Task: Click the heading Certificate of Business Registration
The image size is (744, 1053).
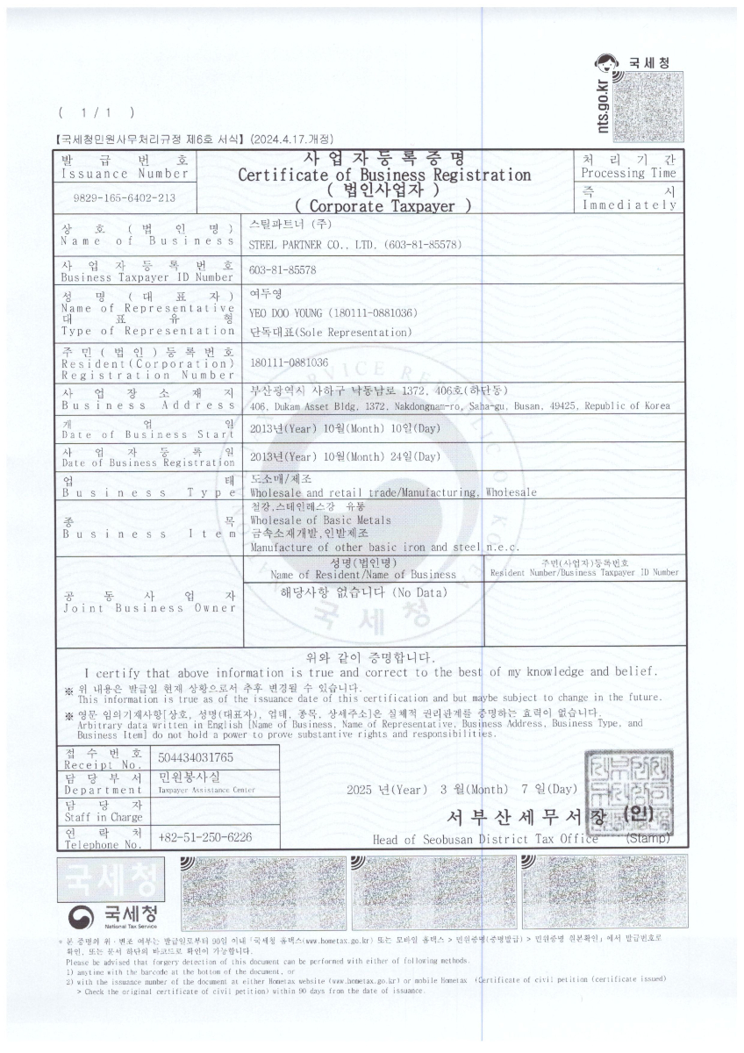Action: point(384,175)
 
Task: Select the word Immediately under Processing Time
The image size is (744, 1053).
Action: point(629,205)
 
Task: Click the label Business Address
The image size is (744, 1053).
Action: point(147,405)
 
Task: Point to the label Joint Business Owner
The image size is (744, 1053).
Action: point(147,607)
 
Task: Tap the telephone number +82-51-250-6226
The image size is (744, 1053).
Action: point(204,837)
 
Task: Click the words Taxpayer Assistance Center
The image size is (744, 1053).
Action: point(206,791)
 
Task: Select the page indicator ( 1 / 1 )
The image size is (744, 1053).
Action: point(97,113)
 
